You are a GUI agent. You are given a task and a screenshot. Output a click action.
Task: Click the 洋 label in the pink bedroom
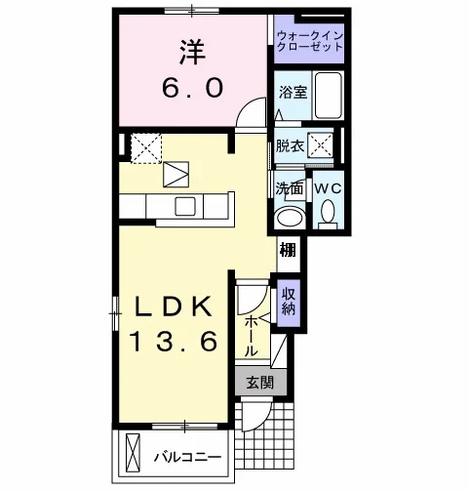(x=192, y=52)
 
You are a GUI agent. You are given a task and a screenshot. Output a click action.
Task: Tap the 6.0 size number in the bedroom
(x=192, y=88)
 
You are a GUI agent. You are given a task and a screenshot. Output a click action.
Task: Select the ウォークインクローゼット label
(x=310, y=41)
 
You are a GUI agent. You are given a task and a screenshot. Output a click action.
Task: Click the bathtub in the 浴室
(x=328, y=96)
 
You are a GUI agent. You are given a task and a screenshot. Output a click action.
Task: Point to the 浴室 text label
(x=293, y=93)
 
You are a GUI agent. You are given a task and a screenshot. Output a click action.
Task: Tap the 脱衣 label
(x=290, y=146)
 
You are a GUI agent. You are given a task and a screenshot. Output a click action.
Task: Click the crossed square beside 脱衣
(x=321, y=145)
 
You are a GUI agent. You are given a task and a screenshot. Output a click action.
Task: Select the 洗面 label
(x=290, y=188)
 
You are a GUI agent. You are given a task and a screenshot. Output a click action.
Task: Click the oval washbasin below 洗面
(x=290, y=218)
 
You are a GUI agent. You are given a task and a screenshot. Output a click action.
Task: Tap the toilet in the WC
(x=328, y=214)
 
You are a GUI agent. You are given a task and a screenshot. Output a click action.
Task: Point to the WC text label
(x=328, y=188)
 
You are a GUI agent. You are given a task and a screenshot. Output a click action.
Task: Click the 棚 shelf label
(x=289, y=250)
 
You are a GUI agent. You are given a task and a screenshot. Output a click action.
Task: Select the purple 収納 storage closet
(x=289, y=303)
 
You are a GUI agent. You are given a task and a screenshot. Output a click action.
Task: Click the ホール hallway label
(x=251, y=336)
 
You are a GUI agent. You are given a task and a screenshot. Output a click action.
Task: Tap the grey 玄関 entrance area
(x=261, y=382)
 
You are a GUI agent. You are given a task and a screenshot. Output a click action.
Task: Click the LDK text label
(x=174, y=307)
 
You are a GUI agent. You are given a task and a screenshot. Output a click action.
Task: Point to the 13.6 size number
(x=174, y=341)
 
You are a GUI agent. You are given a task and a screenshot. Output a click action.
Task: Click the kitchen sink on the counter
(x=185, y=207)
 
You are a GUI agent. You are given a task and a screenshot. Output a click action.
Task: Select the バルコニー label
(x=188, y=457)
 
